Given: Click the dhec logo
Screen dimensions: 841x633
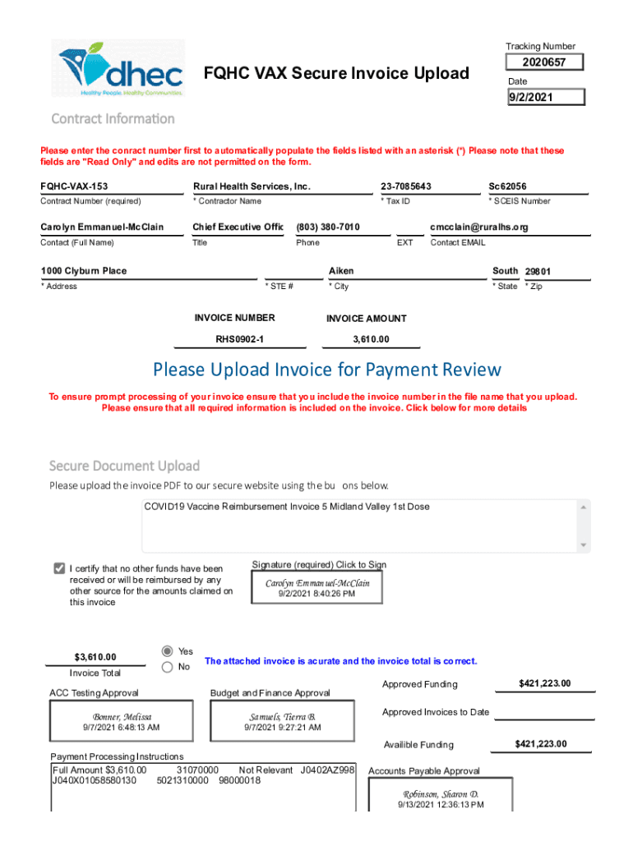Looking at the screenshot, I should [122, 68].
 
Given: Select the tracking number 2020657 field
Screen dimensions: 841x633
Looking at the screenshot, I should [546, 63].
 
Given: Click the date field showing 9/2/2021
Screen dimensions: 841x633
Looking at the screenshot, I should [546, 98].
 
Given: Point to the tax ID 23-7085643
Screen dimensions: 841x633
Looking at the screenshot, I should [406, 186].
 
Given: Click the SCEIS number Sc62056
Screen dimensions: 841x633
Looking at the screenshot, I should [507, 186].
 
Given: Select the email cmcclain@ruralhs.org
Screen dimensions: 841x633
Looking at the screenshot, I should [479, 227].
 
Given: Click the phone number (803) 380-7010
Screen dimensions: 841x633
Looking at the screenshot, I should [328, 227].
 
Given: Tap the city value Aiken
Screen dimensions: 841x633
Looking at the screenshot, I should [341, 271].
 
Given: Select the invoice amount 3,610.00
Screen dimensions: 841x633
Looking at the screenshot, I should [371, 339].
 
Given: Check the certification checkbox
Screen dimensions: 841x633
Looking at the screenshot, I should [59, 568].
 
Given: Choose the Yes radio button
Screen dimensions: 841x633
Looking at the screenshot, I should [168, 650].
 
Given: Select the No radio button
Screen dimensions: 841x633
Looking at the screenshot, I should [168, 667].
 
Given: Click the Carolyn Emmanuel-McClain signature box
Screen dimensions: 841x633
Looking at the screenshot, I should [316, 587].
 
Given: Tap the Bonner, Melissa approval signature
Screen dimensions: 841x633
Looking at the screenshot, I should [122, 721].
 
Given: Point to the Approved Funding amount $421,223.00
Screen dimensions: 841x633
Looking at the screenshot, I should [544, 684].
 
